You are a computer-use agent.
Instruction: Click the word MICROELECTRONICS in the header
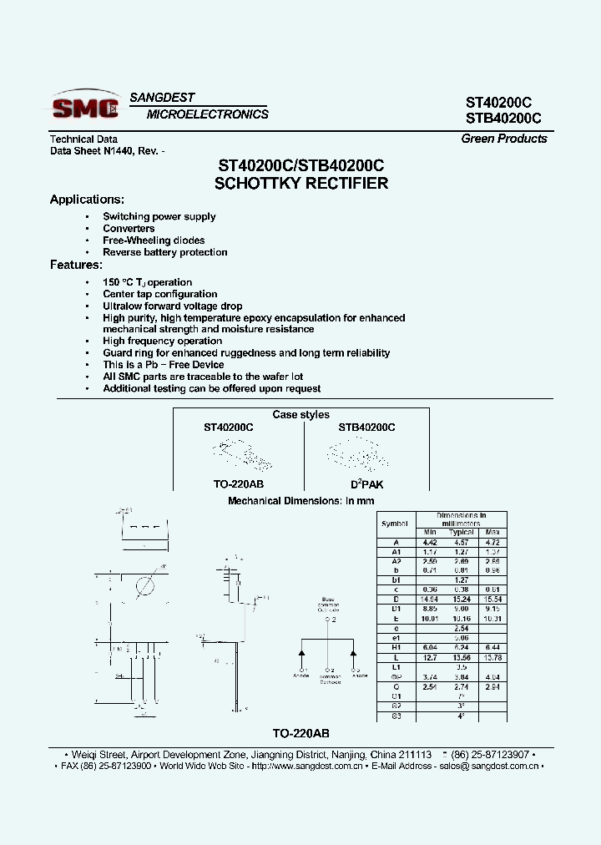(x=207, y=114)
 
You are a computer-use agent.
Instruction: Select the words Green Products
(x=503, y=139)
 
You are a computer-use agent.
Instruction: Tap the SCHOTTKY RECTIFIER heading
(x=300, y=184)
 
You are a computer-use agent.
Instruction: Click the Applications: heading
(x=87, y=200)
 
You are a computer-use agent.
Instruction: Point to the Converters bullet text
(x=129, y=229)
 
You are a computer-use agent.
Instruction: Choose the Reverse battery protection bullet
(x=164, y=252)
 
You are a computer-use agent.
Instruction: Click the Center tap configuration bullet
(x=159, y=294)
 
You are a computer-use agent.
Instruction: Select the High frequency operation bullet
(x=162, y=342)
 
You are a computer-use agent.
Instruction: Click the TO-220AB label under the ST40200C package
(x=228, y=484)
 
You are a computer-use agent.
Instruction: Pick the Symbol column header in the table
(x=395, y=524)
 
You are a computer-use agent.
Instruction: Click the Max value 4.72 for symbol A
(x=492, y=541)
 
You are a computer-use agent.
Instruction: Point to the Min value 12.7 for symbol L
(x=430, y=658)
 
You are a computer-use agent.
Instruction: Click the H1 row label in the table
(x=396, y=648)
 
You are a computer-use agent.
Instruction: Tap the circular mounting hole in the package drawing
(x=144, y=585)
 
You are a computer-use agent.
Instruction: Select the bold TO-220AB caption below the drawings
(x=300, y=733)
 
